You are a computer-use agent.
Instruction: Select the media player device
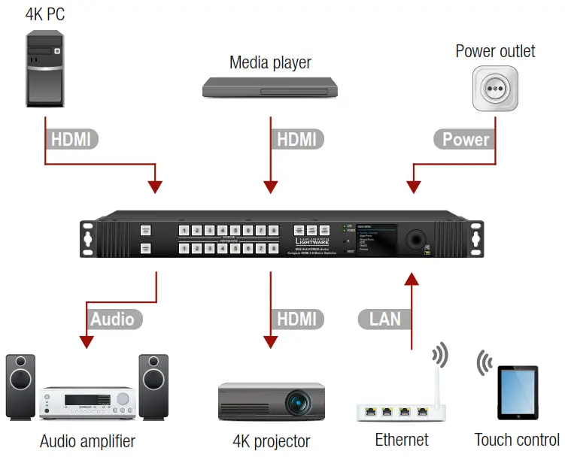click(270, 89)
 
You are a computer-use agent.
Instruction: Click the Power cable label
click(466, 139)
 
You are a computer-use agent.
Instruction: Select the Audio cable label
click(112, 319)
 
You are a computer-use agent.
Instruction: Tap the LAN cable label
click(385, 319)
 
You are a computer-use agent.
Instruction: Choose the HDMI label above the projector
click(297, 319)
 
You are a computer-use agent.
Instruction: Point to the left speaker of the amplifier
click(21, 386)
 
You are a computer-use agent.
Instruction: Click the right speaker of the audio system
click(153, 386)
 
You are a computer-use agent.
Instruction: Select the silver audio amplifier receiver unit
click(87, 402)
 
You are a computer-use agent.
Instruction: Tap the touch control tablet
click(518, 392)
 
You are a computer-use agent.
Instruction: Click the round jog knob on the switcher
click(415, 239)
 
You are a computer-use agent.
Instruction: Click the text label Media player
click(270, 62)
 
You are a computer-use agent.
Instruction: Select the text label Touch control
click(517, 440)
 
